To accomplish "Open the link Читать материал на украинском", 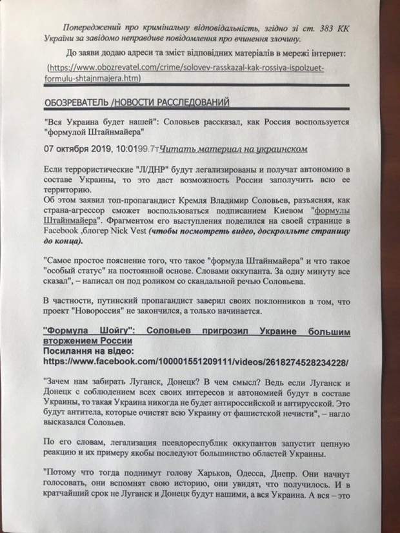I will pyautogui.click(x=232, y=149).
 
